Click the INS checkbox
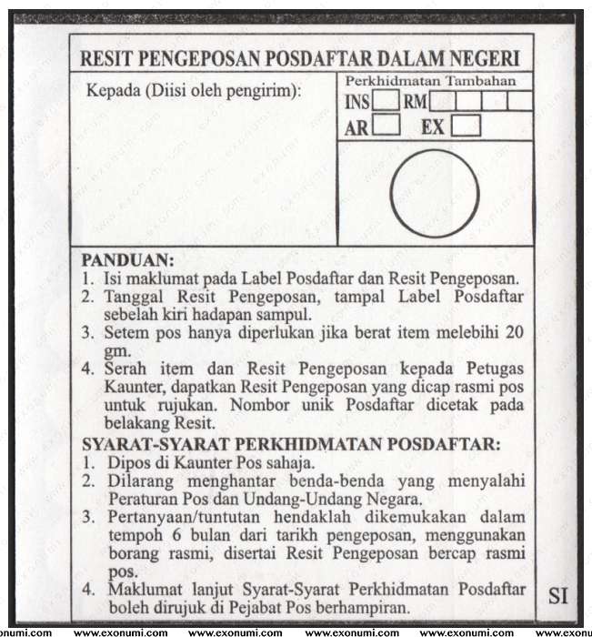tap(386, 101)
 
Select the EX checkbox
tap(467, 126)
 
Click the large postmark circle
tap(435, 193)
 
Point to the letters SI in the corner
tap(557, 596)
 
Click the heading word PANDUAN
tap(127, 260)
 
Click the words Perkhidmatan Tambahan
tap(431, 81)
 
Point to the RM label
tap(415, 102)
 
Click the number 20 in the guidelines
tap(515, 333)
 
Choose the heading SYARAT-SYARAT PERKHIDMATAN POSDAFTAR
tap(291, 444)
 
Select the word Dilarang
tap(141, 480)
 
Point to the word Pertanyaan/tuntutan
tap(182, 517)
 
